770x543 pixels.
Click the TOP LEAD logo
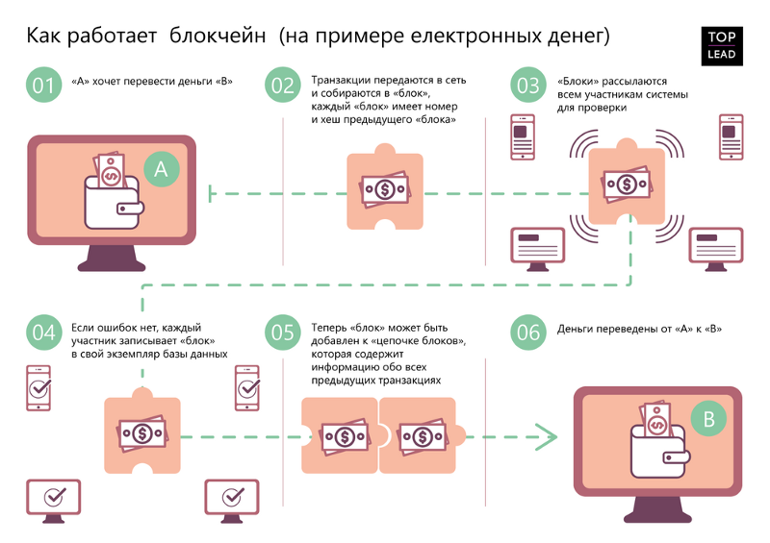(x=722, y=45)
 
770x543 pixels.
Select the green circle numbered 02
(x=283, y=85)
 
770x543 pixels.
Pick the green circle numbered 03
(x=528, y=85)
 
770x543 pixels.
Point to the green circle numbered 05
(x=283, y=333)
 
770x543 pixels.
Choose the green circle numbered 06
(x=528, y=333)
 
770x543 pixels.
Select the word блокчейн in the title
(x=218, y=37)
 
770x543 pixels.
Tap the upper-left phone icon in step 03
(x=522, y=137)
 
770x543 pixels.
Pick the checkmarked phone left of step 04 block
(x=38, y=387)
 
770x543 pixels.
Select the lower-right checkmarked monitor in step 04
(x=232, y=498)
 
